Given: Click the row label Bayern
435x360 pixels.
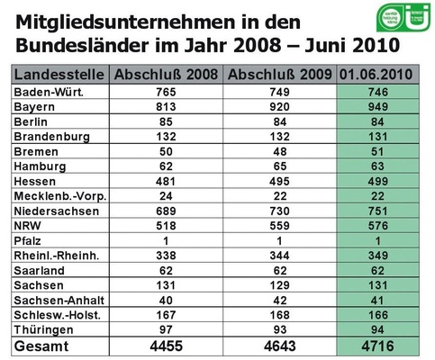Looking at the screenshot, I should point(36,107).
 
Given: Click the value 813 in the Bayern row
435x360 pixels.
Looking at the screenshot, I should point(168,107).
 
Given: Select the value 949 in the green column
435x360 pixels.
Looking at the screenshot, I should point(382,107).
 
